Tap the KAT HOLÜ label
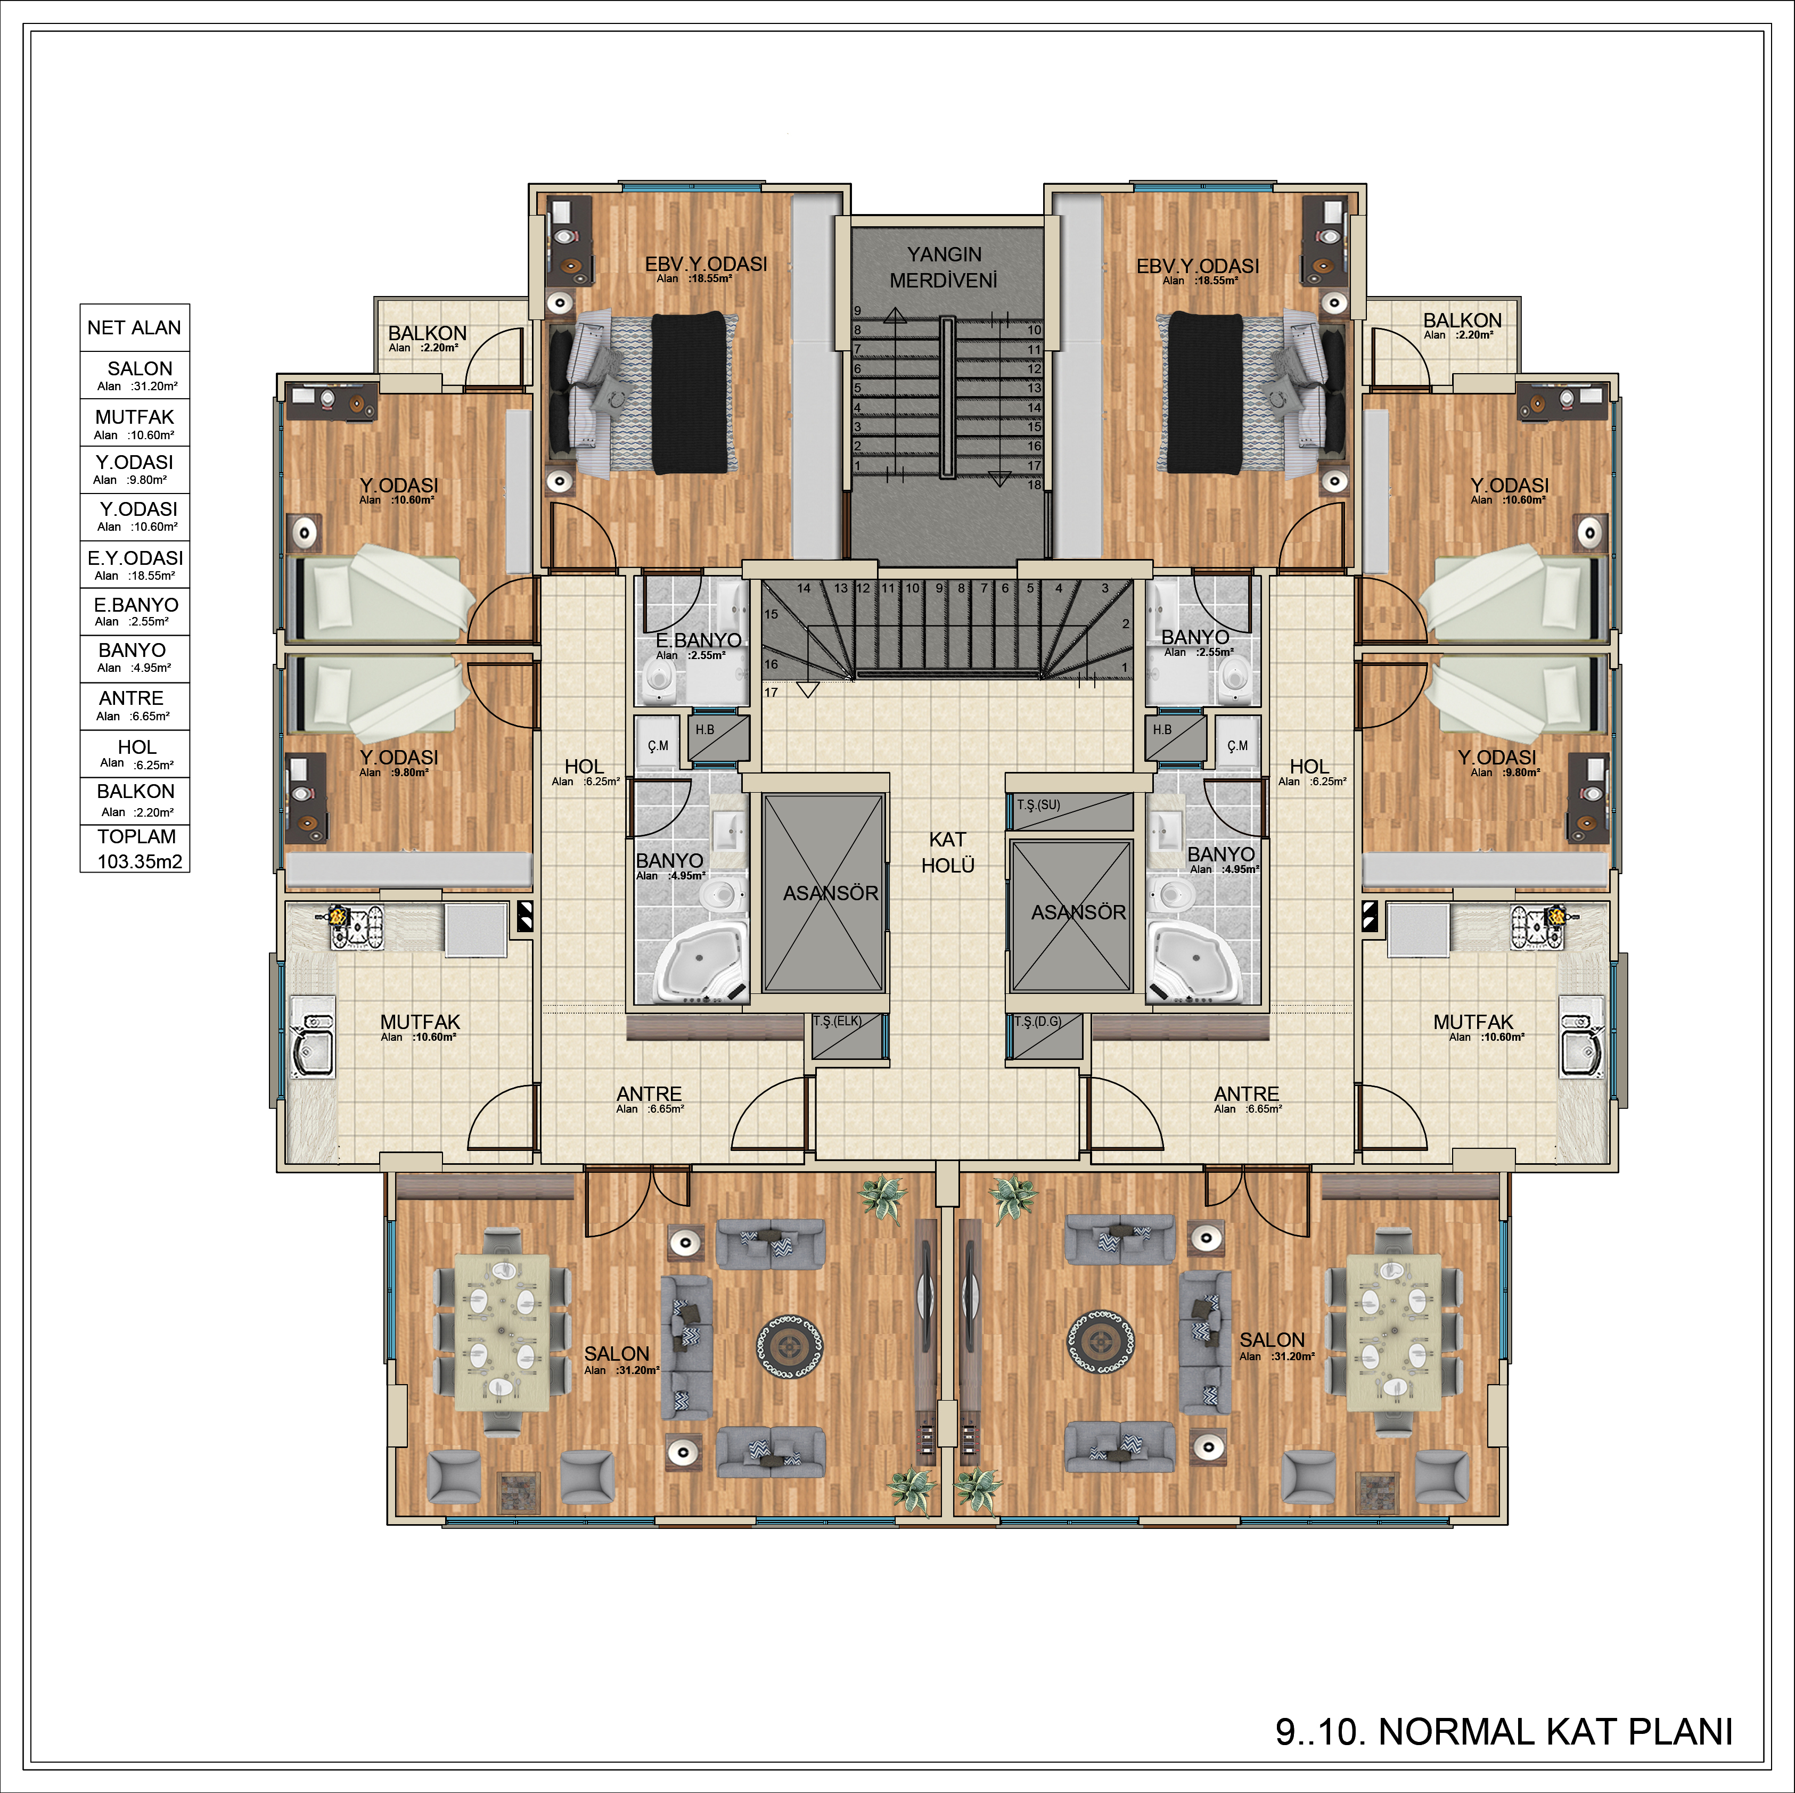(x=948, y=852)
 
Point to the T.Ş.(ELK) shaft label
(x=837, y=1021)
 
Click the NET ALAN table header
(x=135, y=328)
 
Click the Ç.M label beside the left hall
(x=658, y=746)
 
